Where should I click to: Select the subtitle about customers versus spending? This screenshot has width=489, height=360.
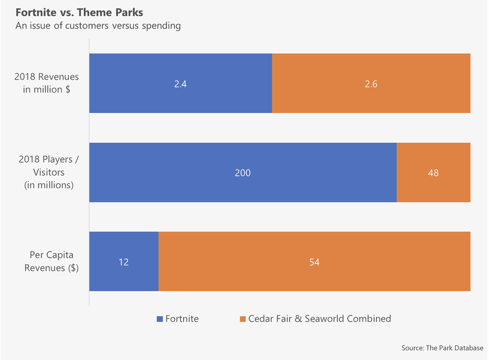[x=98, y=26]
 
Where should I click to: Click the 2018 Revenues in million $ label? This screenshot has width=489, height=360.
[x=46, y=83]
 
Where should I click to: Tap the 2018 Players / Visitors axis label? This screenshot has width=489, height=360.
[x=46, y=172]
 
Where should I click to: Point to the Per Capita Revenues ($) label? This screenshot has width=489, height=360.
[x=51, y=261]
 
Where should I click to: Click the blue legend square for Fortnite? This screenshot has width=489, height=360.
[x=160, y=319]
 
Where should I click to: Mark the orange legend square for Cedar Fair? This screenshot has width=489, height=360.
[x=243, y=319]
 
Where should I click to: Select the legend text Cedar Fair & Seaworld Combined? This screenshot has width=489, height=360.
[x=319, y=319]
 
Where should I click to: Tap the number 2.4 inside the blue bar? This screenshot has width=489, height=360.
[x=180, y=84]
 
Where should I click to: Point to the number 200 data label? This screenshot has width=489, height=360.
[x=243, y=173]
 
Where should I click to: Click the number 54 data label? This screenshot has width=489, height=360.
[x=314, y=262]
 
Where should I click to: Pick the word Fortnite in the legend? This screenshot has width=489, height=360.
[x=182, y=319]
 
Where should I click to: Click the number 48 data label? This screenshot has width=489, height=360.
[x=433, y=173]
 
